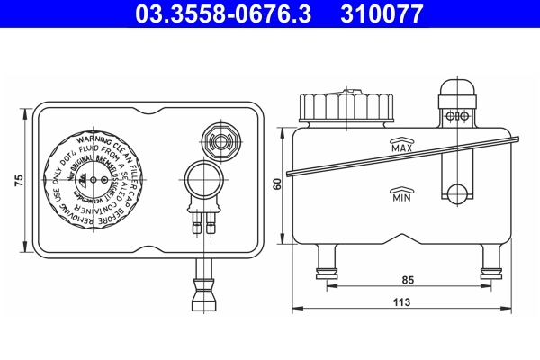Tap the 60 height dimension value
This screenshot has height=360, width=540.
(278, 184)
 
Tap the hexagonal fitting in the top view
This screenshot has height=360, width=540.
(219, 140)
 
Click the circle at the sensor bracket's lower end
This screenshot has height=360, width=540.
(458, 192)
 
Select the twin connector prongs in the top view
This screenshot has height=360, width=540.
(203, 220)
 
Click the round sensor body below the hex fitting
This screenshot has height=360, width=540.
(203, 177)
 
